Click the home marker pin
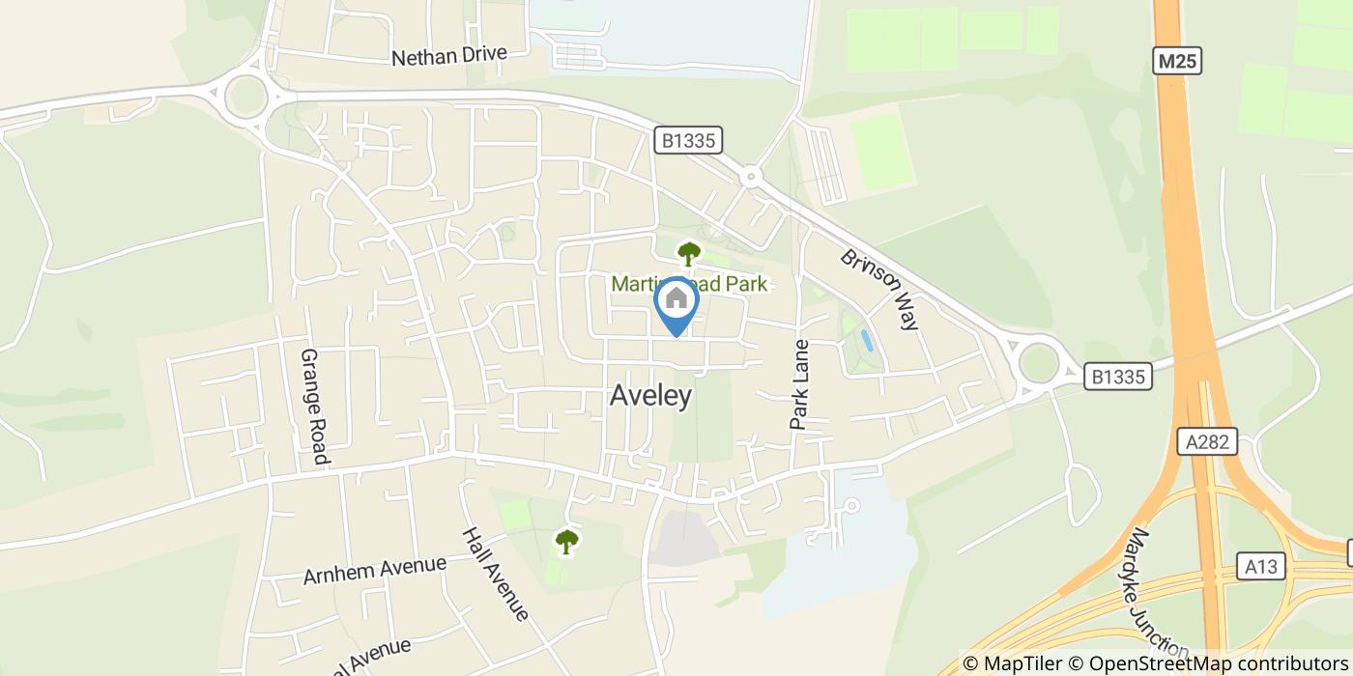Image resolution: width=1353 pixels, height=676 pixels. click(676, 301)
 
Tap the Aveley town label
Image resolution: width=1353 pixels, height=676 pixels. click(651, 395)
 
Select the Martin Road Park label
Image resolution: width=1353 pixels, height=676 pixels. click(689, 283)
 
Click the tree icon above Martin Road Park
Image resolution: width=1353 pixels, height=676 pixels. click(688, 254)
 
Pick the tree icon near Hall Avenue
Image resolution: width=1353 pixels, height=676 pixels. click(566, 541)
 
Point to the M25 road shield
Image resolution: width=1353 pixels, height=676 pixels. click(1179, 62)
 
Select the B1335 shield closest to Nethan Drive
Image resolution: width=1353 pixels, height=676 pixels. click(688, 140)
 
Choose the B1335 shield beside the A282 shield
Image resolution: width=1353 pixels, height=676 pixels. click(1117, 376)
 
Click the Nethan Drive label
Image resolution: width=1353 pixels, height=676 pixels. click(448, 56)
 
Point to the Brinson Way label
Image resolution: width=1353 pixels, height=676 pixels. click(878, 290)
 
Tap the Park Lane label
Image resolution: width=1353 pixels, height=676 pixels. click(799, 383)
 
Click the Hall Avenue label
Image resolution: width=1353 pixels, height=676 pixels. click(495, 573)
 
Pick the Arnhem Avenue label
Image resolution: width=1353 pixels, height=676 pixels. click(375, 570)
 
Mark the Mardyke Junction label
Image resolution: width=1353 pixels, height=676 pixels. click(1157, 591)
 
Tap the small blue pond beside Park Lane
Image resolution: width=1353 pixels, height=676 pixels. click(866, 340)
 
